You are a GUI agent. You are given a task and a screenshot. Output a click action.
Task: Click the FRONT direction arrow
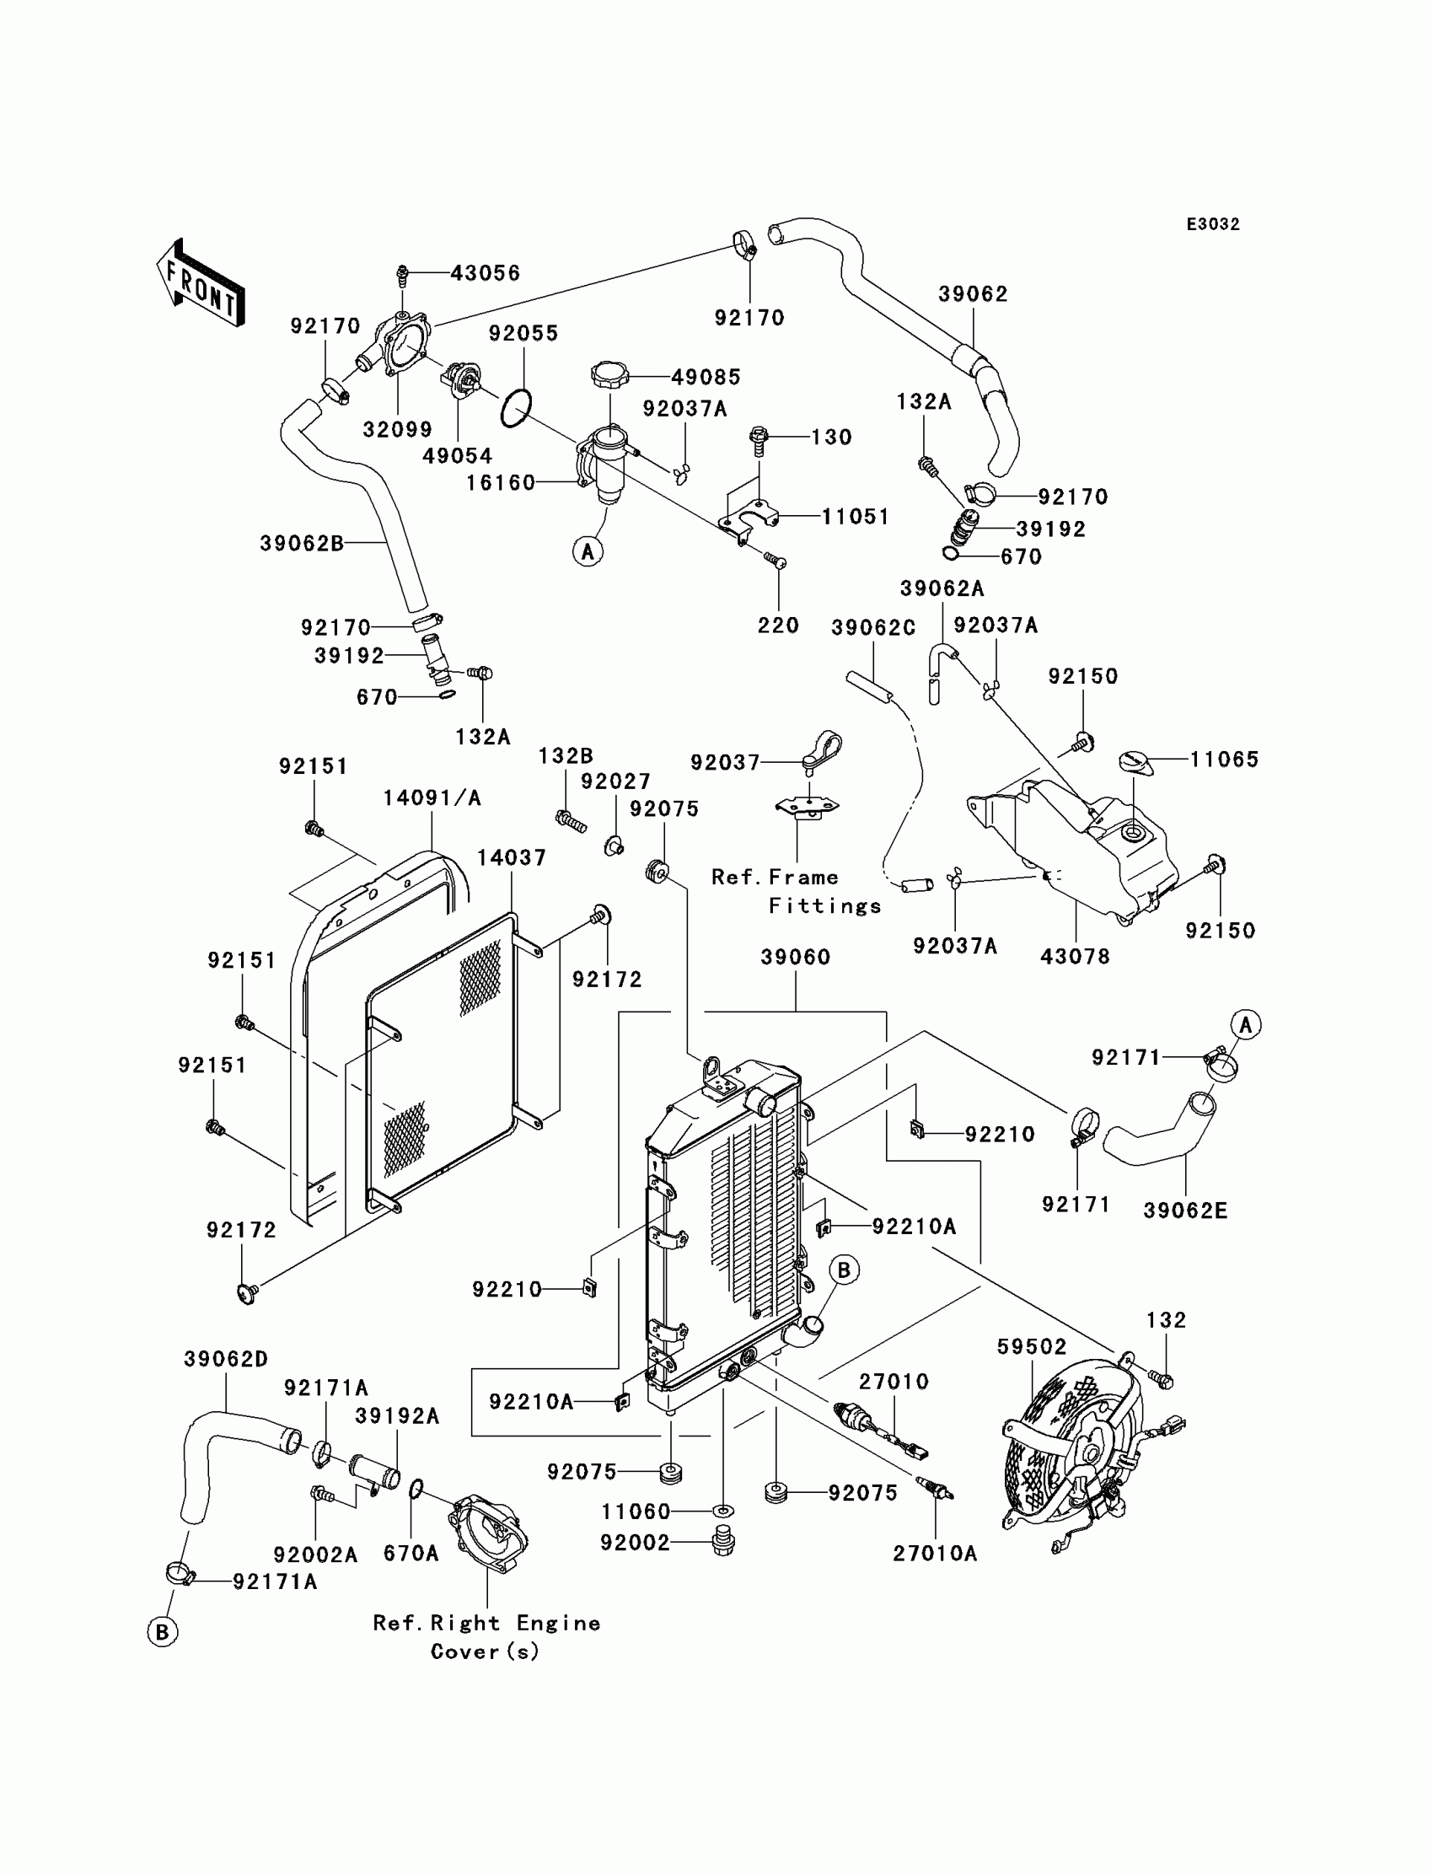201,282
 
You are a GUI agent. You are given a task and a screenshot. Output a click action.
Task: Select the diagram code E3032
1212,224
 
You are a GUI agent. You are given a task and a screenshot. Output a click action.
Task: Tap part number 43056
485,273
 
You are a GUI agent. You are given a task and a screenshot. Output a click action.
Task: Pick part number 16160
500,483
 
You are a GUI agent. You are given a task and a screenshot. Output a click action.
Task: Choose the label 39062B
302,544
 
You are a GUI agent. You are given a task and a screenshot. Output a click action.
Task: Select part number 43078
1075,956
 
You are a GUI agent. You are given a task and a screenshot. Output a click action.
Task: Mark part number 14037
511,857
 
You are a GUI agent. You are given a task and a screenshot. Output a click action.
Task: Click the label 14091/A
432,797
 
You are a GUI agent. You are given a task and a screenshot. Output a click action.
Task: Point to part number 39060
795,957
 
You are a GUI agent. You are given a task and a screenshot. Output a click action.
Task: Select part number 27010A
935,1554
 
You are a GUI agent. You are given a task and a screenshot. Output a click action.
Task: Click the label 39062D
226,1359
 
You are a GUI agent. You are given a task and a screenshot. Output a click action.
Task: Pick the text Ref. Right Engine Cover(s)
486,1637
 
